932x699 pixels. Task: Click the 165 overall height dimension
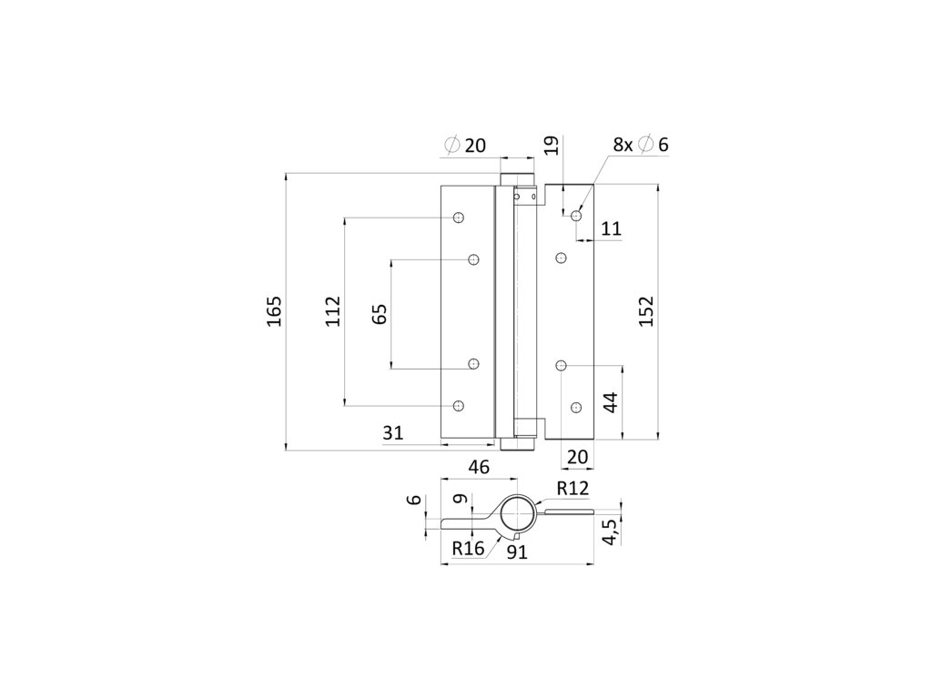pos(275,312)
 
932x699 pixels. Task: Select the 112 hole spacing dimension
pos(332,311)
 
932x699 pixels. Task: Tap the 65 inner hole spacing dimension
pos(380,313)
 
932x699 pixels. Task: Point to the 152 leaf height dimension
pos(646,312)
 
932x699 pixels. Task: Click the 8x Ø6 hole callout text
pos(640,144)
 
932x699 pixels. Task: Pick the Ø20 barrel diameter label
pos(466,145)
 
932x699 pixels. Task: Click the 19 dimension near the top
pos(551,147)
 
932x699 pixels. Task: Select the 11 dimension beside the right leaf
pos(611,228)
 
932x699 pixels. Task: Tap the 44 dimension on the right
pos(611,402)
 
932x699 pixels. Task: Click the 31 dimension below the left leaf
pos(392,433)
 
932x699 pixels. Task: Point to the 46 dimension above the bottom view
pos(479,467)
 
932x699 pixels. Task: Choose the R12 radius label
pos(573,489)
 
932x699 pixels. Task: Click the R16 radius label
pos(468,548)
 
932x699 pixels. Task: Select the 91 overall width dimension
pos(517,550)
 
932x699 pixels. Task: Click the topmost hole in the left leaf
pos(459,218)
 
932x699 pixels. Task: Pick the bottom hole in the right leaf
pos(576,406)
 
